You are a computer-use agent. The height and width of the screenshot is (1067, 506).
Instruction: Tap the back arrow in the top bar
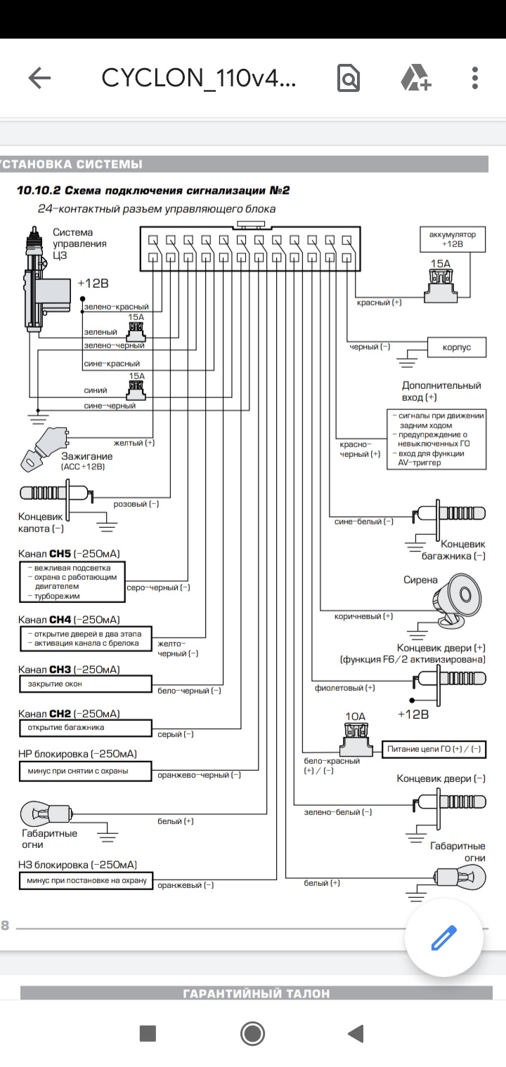coord(39,78)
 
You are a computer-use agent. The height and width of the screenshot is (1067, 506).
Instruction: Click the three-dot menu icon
coord(474,78)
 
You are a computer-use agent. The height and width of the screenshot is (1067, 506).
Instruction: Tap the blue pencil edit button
coord(443,938)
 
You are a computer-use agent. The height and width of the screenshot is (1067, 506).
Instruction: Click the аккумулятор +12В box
coord(452,239)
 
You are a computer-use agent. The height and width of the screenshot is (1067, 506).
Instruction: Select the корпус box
coord(456,347)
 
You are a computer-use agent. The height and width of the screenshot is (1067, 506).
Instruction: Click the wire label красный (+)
coord(379,303)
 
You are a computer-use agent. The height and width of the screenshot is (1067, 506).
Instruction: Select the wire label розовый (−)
coord(136,504)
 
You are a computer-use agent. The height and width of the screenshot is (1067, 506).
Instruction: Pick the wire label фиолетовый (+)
coord(344,688)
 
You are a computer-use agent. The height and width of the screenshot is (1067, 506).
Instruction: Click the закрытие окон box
coord(86,684)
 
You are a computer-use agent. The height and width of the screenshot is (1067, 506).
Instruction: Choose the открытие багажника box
coord(86,728)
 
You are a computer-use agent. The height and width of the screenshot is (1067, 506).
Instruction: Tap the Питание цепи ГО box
coord(434,749)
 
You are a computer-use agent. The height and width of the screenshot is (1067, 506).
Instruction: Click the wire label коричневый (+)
coord(363,616)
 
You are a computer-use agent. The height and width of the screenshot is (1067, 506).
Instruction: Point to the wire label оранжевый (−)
coord(186,885)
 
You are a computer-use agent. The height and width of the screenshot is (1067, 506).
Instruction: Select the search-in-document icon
coord(349,78)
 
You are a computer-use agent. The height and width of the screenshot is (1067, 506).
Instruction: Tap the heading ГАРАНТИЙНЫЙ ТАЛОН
coord(256,994)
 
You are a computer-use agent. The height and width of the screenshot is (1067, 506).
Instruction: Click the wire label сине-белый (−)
coord(364,522)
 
